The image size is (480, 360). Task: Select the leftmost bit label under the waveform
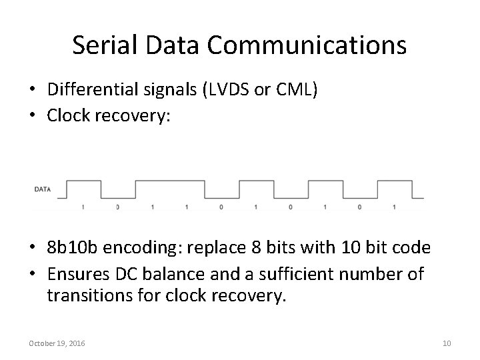click(x=83, y=207)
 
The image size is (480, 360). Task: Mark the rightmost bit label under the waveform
click(x=394, y=207)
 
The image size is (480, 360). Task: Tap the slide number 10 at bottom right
click(x=447, y=343)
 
